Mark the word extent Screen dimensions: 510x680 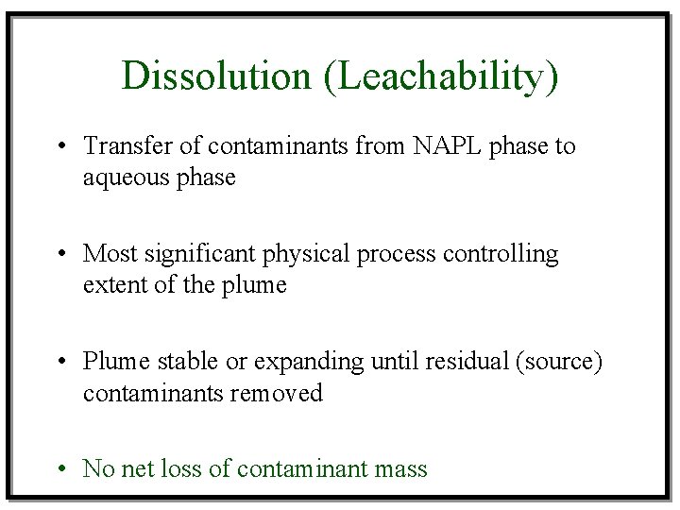[x=109, y=284]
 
